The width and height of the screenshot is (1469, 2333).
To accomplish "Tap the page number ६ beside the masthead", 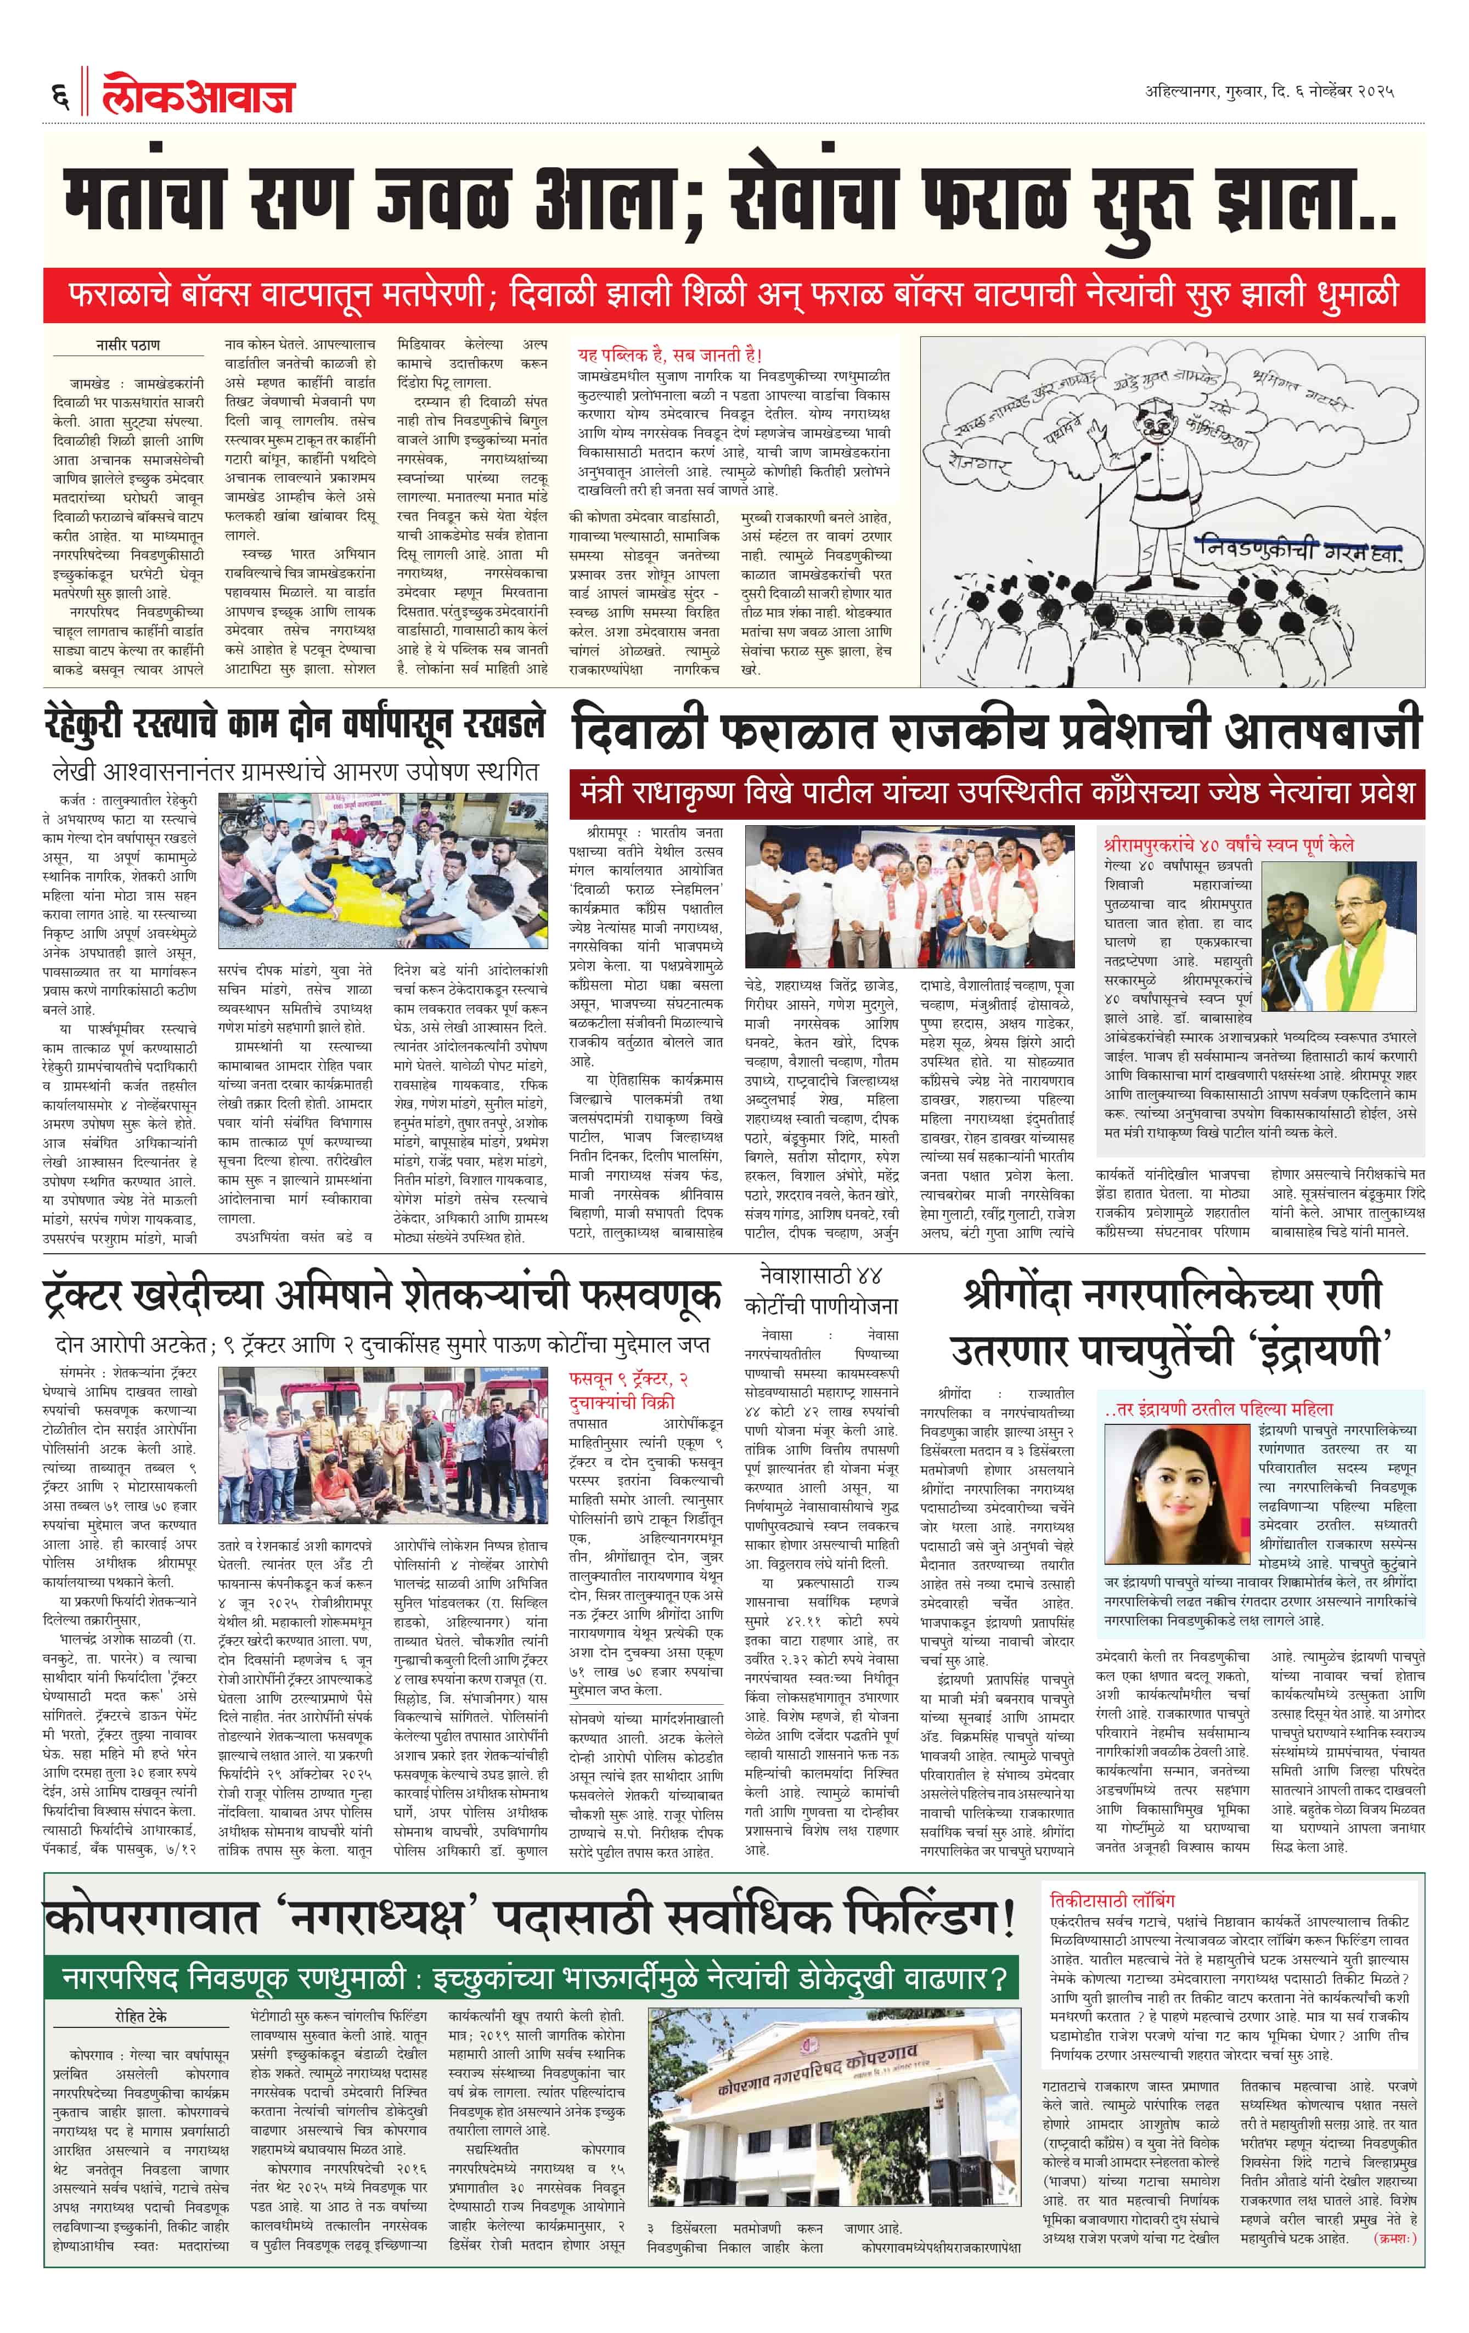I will coord(60,96).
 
